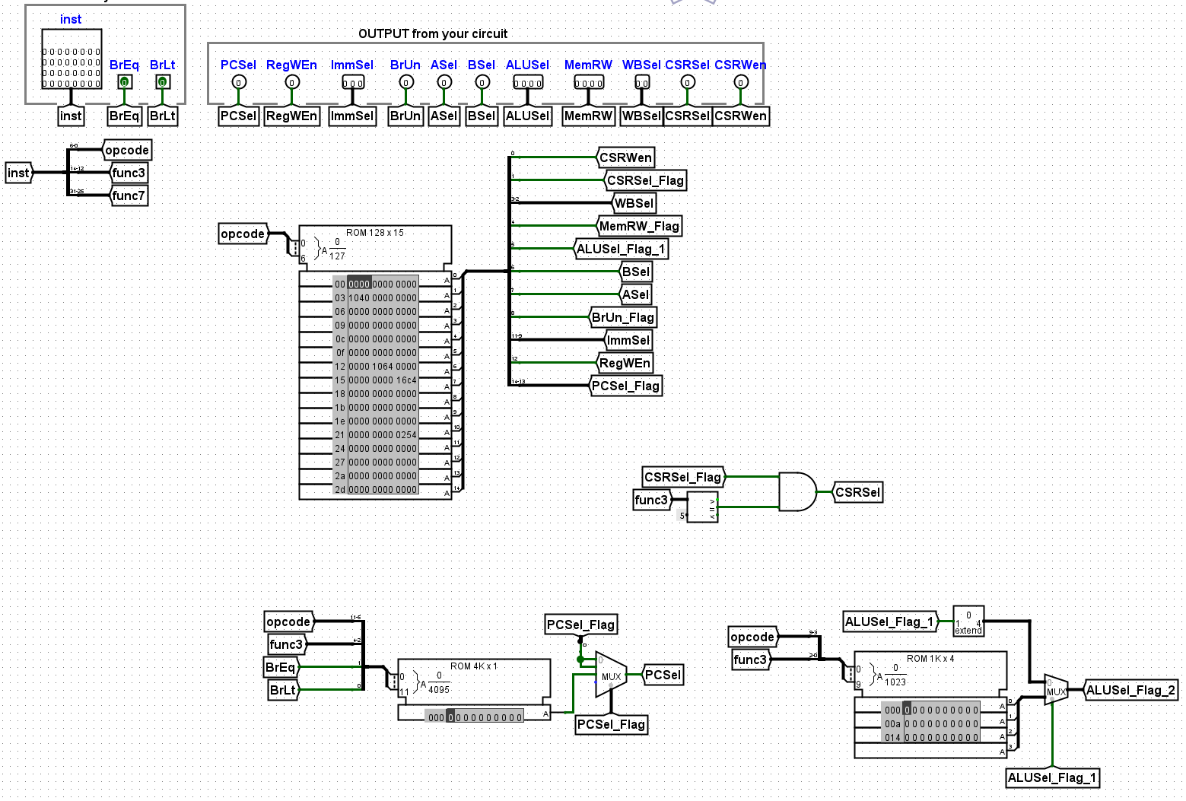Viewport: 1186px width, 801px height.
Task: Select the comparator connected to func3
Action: click(702, 507)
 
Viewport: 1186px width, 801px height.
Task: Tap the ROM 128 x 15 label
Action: click(376, 233)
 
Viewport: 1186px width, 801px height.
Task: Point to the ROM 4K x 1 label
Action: click(473, 666)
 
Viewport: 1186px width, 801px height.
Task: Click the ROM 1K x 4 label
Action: click(930, 659)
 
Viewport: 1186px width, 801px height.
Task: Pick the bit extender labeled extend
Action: click(968, 621)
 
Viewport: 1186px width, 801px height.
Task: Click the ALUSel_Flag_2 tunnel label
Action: click(1130, 690)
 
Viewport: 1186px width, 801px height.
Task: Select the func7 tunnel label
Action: click(128, 195)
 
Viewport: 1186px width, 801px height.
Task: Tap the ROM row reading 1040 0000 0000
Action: click(383, 298)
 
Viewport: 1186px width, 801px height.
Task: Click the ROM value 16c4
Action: click(406, 380)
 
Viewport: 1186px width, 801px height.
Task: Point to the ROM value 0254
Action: click(406, 435)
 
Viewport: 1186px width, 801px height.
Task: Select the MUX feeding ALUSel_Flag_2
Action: click(1055, 690)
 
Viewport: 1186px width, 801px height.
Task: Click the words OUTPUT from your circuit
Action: click(432, 33)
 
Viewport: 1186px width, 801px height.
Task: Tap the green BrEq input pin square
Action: click(124, 82)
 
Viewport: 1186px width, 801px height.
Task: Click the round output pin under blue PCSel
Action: click(238, 82)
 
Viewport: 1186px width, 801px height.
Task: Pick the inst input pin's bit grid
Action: click(72, 59)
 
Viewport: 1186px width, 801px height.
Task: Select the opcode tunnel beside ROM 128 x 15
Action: click(243, 234)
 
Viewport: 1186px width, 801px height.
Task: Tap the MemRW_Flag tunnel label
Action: click(638, 226)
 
